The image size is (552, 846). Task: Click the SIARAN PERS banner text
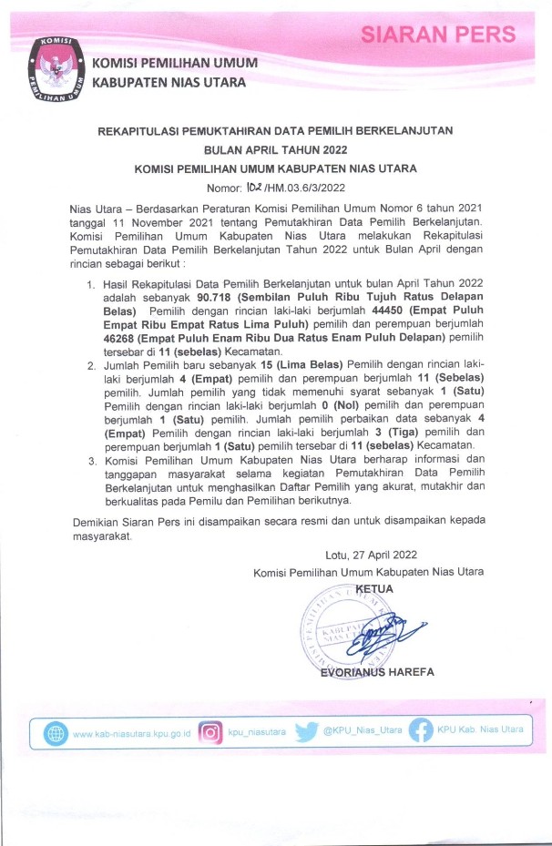point(438,36)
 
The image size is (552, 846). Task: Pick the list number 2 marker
point(91,365)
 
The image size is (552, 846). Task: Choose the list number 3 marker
point(91,462)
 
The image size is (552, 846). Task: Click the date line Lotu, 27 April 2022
point(371,554)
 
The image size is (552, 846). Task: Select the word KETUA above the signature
point(373,588)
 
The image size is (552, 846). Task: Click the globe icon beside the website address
point(56,733)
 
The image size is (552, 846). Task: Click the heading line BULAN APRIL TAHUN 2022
point(275,149)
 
